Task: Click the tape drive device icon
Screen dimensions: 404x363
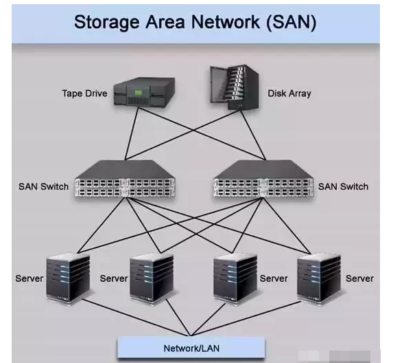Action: point(144,92)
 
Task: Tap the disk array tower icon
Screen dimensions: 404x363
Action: point(235,87)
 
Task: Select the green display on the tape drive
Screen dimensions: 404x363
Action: point(138,92)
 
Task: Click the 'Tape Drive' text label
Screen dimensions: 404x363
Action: point(84,93)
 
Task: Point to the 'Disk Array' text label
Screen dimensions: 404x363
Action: point(289,93)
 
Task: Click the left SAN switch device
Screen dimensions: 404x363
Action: point(126,179)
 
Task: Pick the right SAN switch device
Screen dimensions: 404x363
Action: point(264,179)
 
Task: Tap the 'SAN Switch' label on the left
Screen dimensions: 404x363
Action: point(43,187)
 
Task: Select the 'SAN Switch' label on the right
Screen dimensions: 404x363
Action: point(343,187)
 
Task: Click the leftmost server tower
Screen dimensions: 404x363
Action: point(68,278)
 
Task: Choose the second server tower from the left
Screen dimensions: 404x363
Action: point(152,278)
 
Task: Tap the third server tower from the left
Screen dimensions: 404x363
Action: point(235,278)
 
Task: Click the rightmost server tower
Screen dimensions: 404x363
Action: point(319,278)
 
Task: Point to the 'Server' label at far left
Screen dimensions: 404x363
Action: point(29,278)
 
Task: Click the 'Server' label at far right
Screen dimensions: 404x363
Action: point(359,278)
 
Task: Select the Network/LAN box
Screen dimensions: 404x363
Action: point(191,348)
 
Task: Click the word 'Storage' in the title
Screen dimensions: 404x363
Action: point(107,23)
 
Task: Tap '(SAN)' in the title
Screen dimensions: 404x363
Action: point(291,23)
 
